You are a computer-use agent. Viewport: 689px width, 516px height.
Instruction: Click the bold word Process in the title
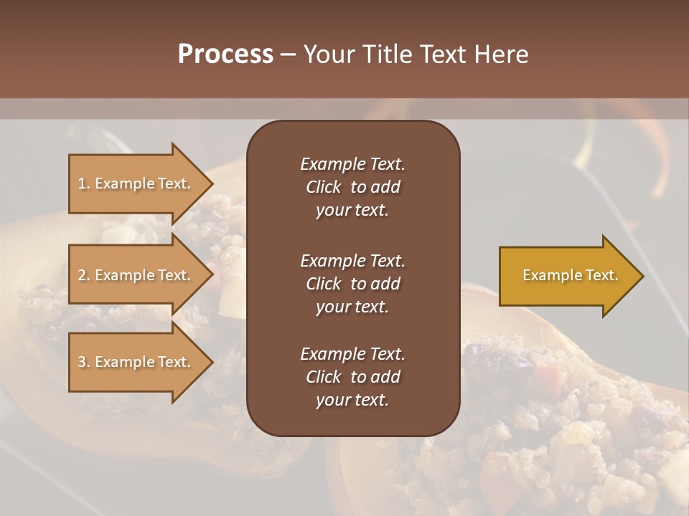click(225, 54)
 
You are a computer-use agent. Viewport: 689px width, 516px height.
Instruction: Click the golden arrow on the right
click(567, 275)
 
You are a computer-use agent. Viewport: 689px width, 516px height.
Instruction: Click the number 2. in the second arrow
click(84, 275)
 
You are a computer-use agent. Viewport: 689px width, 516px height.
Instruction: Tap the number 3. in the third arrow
click(84, 362)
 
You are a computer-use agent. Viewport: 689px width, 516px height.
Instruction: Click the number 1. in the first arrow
click(84, 183)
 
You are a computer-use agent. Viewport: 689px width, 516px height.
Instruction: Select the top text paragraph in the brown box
click(352, 187)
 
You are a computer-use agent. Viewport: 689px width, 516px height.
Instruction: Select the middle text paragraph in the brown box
click(352, 283)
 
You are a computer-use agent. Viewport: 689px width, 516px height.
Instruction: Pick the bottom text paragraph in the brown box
click(352, 377)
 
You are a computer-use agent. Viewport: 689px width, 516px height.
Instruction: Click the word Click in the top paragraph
click(323, 187)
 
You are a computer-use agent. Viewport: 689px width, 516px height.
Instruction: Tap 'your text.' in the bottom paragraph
click(352, 401)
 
